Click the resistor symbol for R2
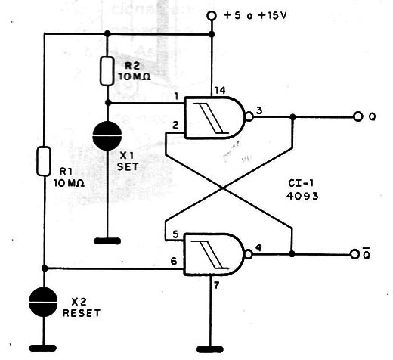[107, 71]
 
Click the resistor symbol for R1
[44, 161]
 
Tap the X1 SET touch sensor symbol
[107, 136]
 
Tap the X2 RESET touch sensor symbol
[43, 302]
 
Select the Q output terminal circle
[358, 116]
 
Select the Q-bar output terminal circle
[354, 254]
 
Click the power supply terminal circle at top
[212, 16]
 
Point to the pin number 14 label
[220, 91]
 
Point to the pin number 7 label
[216, 286]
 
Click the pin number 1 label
[176, 96]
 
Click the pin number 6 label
[174, 261]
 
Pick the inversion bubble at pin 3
[249, 117]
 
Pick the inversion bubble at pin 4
[248, 254]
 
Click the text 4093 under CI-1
[302, 196]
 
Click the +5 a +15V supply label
[255, 16]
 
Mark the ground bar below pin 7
[210, 349]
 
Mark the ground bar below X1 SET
[107, 241]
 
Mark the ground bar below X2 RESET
[43, 348]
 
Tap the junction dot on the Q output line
[292, 117]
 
